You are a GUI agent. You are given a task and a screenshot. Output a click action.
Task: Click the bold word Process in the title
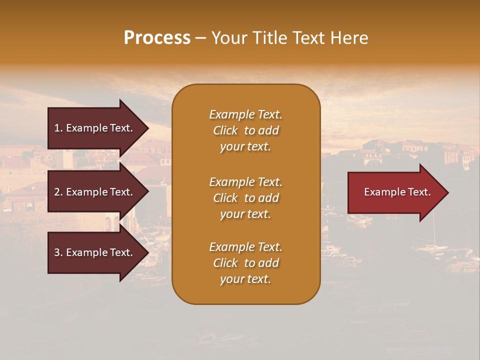click(x=157, y=38)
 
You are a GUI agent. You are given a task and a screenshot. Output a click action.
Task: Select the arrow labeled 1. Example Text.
click(x=95, y=128)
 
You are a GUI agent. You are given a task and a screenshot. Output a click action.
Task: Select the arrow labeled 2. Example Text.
click(x=95, y=192)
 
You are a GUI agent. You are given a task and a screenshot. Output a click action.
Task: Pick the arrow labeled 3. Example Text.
click(x=95, y=252)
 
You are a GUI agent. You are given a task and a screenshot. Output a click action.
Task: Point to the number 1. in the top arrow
click(x=58, y=128)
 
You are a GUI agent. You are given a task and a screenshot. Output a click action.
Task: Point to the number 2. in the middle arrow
click(x=58, y=192)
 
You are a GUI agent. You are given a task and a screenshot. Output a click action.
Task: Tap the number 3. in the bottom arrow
click(x=58, y=252)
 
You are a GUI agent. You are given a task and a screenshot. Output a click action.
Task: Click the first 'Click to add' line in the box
click(x=245, y=130)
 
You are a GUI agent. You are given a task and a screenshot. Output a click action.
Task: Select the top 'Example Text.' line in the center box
click(x=245, y=114)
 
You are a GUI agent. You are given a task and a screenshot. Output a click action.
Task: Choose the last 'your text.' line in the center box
click(x=245, y=279)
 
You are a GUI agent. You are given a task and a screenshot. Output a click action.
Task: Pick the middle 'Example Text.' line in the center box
click(x=245, y=182)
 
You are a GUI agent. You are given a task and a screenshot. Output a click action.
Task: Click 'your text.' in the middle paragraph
click(x=245, y=214)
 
